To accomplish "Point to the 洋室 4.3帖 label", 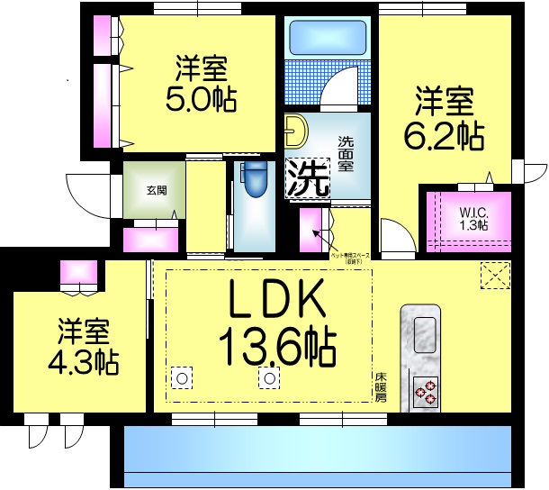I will pyautogui.click(x=83, y=346).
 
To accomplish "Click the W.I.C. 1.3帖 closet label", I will pyautogui.click(x=472, y=219).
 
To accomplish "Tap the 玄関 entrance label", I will pyautogui.click(x=156, y=191).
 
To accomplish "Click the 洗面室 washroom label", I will pyautogui.click(x=346, y=154).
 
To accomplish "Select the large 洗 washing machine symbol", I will pyautogui.click(x=307, y=177).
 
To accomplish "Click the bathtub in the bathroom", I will pyautogui.click(x=326, y=39).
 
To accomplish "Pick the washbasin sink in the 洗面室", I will pyautogui.click(x=294, y=133).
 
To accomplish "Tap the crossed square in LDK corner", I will pyautogui.click(x=494, y=274).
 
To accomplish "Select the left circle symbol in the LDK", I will pyautogui.click(x=182, y=378).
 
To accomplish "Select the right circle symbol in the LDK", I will pyautogui.click(x=268, y=378).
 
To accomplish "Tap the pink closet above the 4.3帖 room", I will pyautogui.click(x=78, y=272).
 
